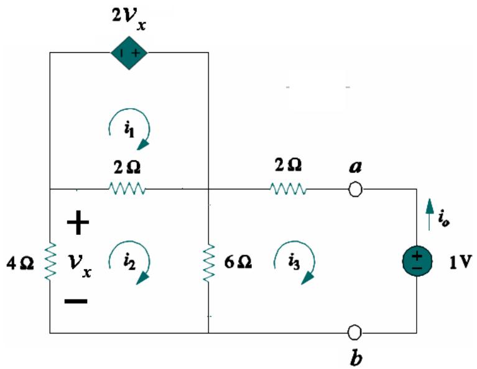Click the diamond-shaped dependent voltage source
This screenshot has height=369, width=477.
pos(129,53)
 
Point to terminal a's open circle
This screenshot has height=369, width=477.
pos(355,188)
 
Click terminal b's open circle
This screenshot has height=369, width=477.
pos(355,333)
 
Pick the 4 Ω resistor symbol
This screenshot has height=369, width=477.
pos(50,261)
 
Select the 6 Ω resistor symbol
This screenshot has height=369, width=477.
pos(208,261)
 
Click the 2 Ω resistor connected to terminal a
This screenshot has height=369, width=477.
pos(287,188)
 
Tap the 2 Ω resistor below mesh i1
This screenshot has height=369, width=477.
pos(127,188)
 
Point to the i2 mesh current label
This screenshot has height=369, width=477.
pos(128,263)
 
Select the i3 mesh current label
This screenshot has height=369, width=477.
pos(293,263)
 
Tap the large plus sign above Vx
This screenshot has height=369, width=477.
pos(78,224)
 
